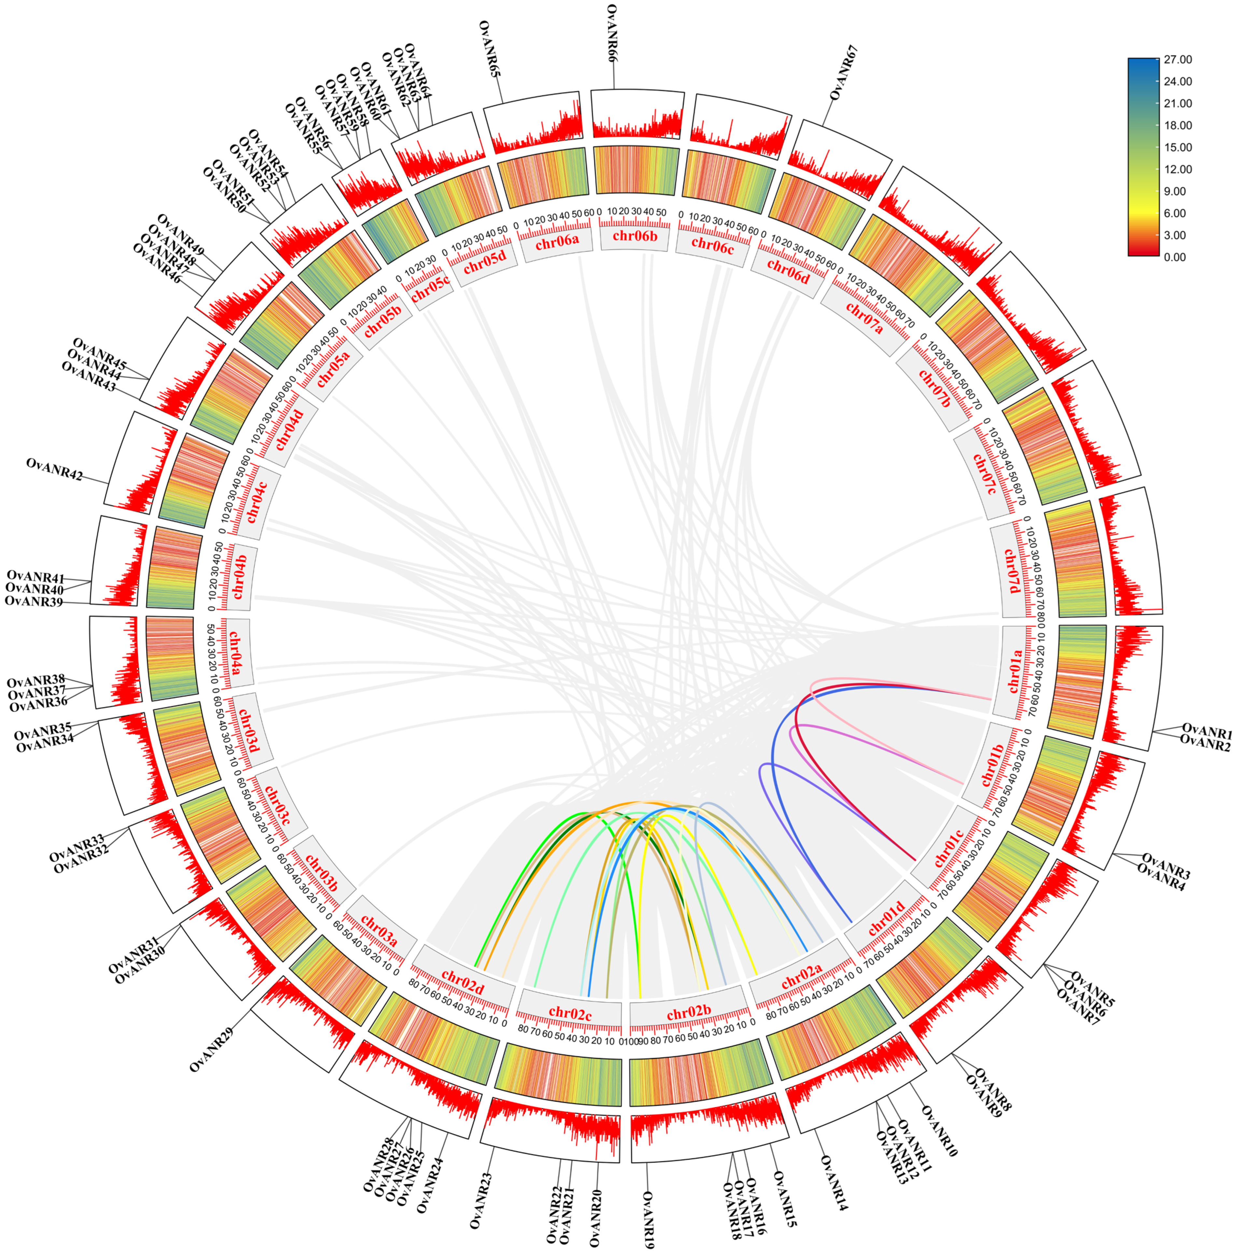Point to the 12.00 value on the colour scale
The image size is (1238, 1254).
point(1178,169)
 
